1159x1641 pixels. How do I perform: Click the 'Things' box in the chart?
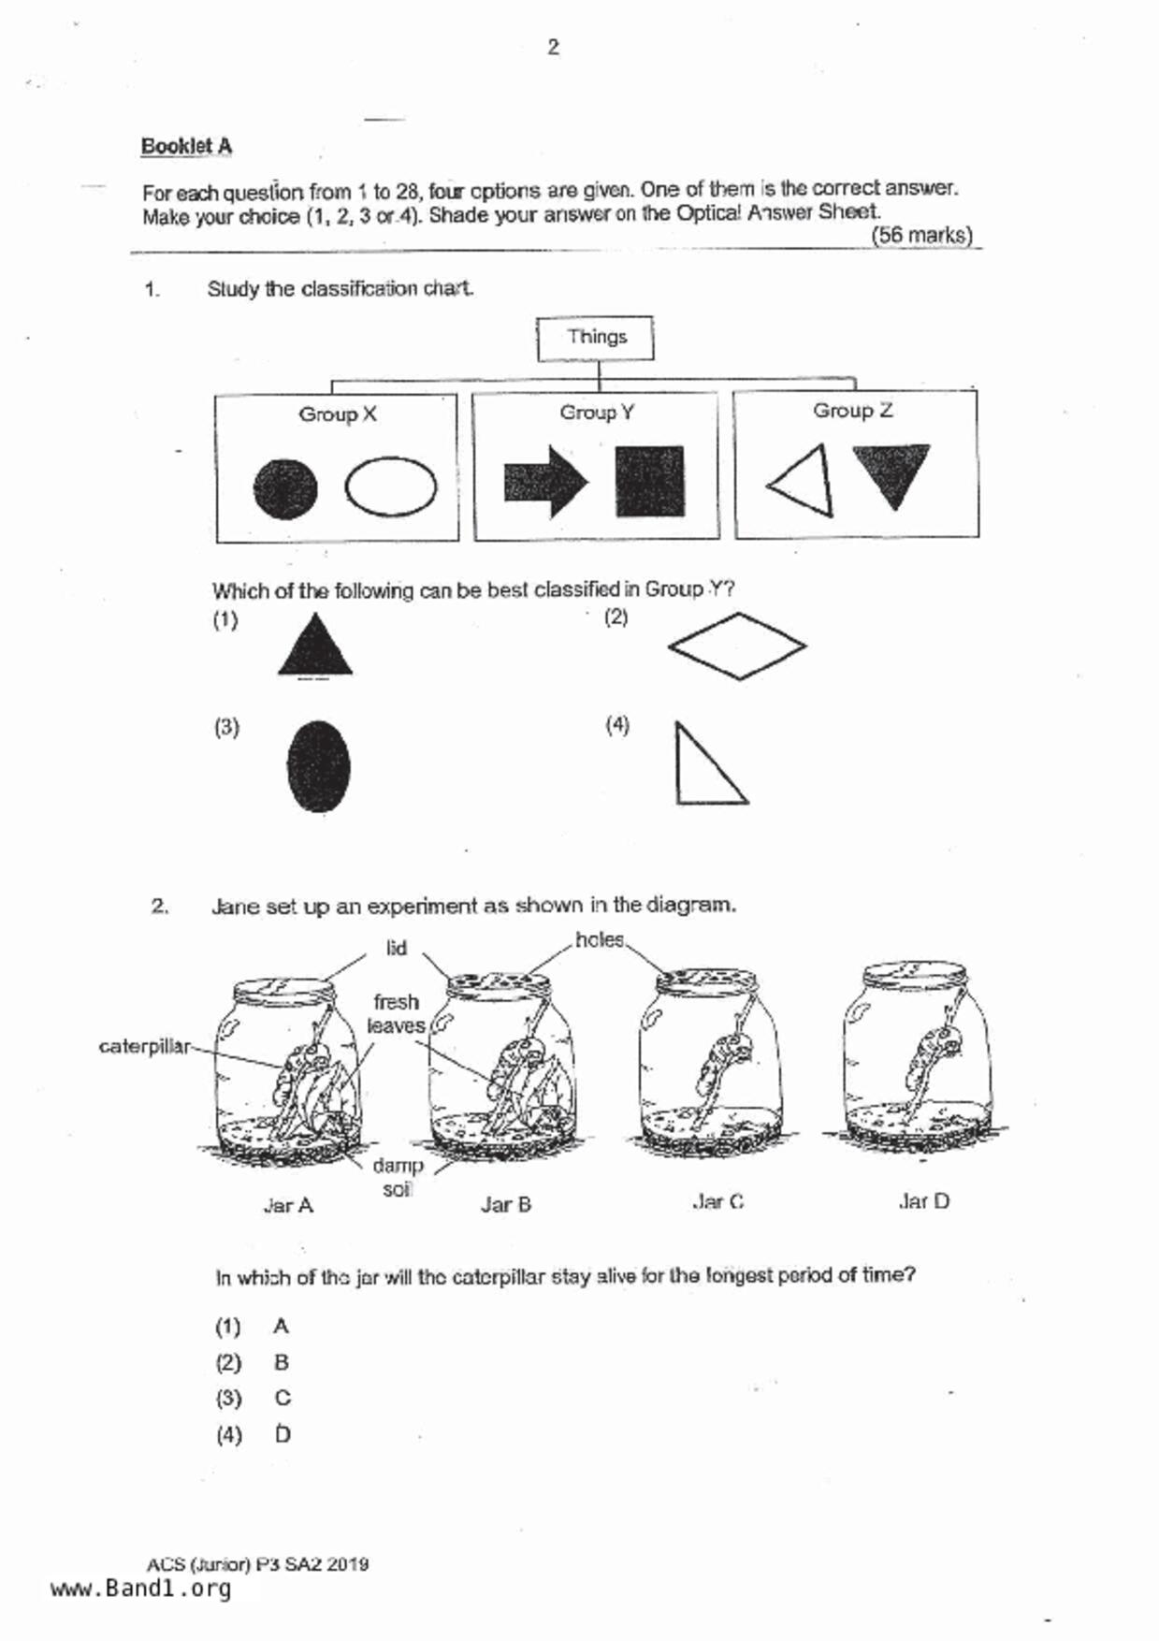click(596, 338)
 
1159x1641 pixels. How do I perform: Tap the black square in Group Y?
click(649, 482)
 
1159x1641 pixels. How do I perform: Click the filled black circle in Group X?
click(285, 488)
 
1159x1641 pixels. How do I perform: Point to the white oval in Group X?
click(391, 486)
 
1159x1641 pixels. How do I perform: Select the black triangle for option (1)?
click(315, 647)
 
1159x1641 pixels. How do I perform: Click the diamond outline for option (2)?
click(737, 646)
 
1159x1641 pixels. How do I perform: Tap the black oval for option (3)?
click(319, 766)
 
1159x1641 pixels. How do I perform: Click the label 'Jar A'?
click(288, 1206)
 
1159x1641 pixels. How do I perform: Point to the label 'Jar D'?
click(923, 1202)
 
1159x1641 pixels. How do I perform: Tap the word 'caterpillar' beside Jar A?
click(145, 1046)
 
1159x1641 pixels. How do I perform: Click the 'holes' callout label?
click(599, 939)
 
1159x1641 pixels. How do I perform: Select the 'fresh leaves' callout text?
click(396, 1014)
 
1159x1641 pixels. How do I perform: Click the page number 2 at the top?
click(553, 47)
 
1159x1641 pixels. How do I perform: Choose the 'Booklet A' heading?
click(186, 147)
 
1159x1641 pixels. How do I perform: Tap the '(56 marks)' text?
click(921, 236)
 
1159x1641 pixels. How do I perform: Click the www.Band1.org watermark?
click(140, 1589)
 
